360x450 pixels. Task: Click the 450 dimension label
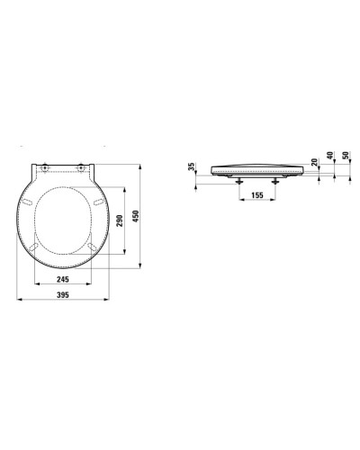(x=136, y=216)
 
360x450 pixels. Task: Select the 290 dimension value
(x=120, y=220)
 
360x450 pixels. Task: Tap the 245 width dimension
(x=63, y=279)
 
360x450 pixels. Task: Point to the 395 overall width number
(x=63, y=295)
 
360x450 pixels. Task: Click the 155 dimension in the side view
(x=257, y=195)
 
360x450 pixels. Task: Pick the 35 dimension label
(x=192, y=166)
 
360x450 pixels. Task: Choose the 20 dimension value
(x=314, y=162)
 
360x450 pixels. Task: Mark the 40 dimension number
(x=329, y=156)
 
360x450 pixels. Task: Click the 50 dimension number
(x=346, y=156)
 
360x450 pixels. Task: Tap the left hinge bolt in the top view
(x=44, y=168)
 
